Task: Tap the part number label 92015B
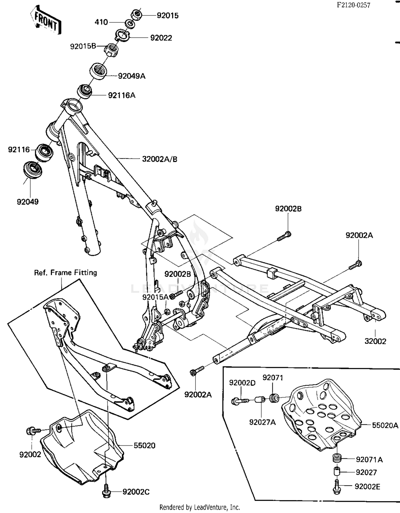pos(83,46)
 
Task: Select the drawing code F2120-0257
pos(353,5)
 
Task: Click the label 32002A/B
pos(159,159)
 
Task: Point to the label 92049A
pos(132,76)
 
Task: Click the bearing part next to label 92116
pos(44,152)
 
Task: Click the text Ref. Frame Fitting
pos(66,273)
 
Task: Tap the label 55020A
pos(385,425)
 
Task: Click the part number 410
pos(101,22)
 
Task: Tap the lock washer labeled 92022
pos(122,35)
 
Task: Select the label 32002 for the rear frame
pos(375,341)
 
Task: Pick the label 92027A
pos(262,422)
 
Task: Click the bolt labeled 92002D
pos(239,401)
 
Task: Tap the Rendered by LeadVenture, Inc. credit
pos(200,507)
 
